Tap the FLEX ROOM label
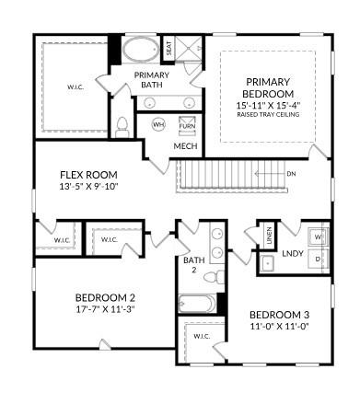point(88,174)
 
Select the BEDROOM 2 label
point(105,297)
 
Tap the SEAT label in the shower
point(168,47)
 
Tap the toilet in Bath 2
point(211,275)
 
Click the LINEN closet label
point(264,237)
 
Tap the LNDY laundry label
point(293,252)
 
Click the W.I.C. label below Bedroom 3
point(201,337)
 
